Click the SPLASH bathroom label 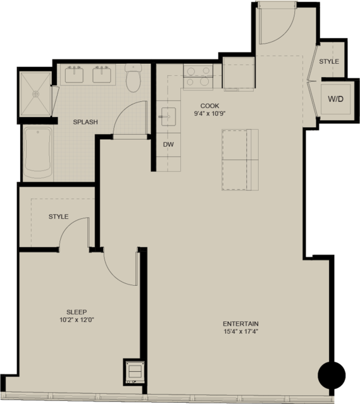click(85, 122)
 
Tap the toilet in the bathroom click(133, 78)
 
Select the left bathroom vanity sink click(74, 75)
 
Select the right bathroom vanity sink click(102, 75)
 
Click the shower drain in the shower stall click(36, 94)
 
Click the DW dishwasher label click(168, 145)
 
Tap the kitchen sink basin click(169, 117)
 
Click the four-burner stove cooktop click(198, 77)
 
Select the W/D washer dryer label click(336, 99)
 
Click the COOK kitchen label click(209, 106)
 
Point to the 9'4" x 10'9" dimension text click(210, 113)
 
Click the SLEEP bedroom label click(77, 312)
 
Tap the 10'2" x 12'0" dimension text click(77, 320)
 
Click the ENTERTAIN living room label click(240, 324)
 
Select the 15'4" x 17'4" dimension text click(241, 331)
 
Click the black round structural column click(332, 376)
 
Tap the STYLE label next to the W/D click(329, 61)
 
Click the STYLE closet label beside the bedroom click(59, 217)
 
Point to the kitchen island click(240, 160)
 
